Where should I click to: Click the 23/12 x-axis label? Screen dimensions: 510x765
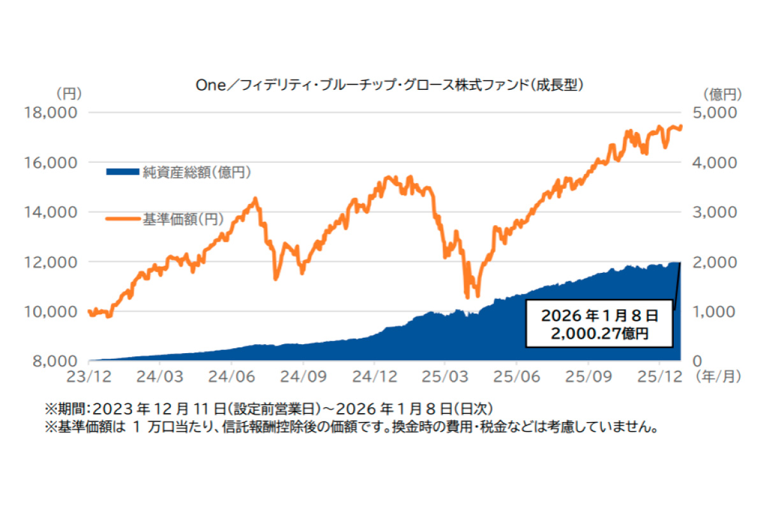coord(89,375)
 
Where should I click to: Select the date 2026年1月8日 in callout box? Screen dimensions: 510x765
coord(599,316)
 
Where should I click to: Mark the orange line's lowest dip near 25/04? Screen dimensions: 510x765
coord(467,296)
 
